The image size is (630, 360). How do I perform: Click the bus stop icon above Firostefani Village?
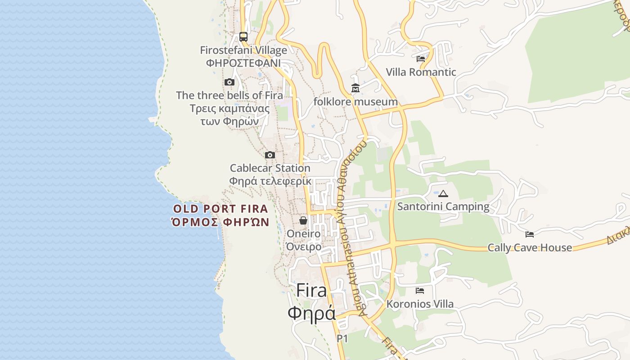pos(243,36)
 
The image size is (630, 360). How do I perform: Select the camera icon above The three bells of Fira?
pos(229,82)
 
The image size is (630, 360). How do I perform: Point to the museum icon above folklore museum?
pos(355,88)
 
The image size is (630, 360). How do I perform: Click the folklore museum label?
pos(355,102)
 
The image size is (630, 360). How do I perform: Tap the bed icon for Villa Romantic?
pos(421,58)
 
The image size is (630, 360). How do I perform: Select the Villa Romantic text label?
pos(421,72)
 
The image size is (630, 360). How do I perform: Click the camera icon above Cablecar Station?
pos(270,155)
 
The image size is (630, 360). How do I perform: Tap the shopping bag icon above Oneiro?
pos(304,220)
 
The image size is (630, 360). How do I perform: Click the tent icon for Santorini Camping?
pos(443,193)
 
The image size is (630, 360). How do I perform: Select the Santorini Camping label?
pos(443,207)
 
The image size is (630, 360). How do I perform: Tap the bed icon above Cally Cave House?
pos(530,234)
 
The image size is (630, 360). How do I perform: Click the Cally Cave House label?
pos(530,247)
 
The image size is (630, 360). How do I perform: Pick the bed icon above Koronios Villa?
pos(420,290)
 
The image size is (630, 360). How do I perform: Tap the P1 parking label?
pos(342,338)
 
